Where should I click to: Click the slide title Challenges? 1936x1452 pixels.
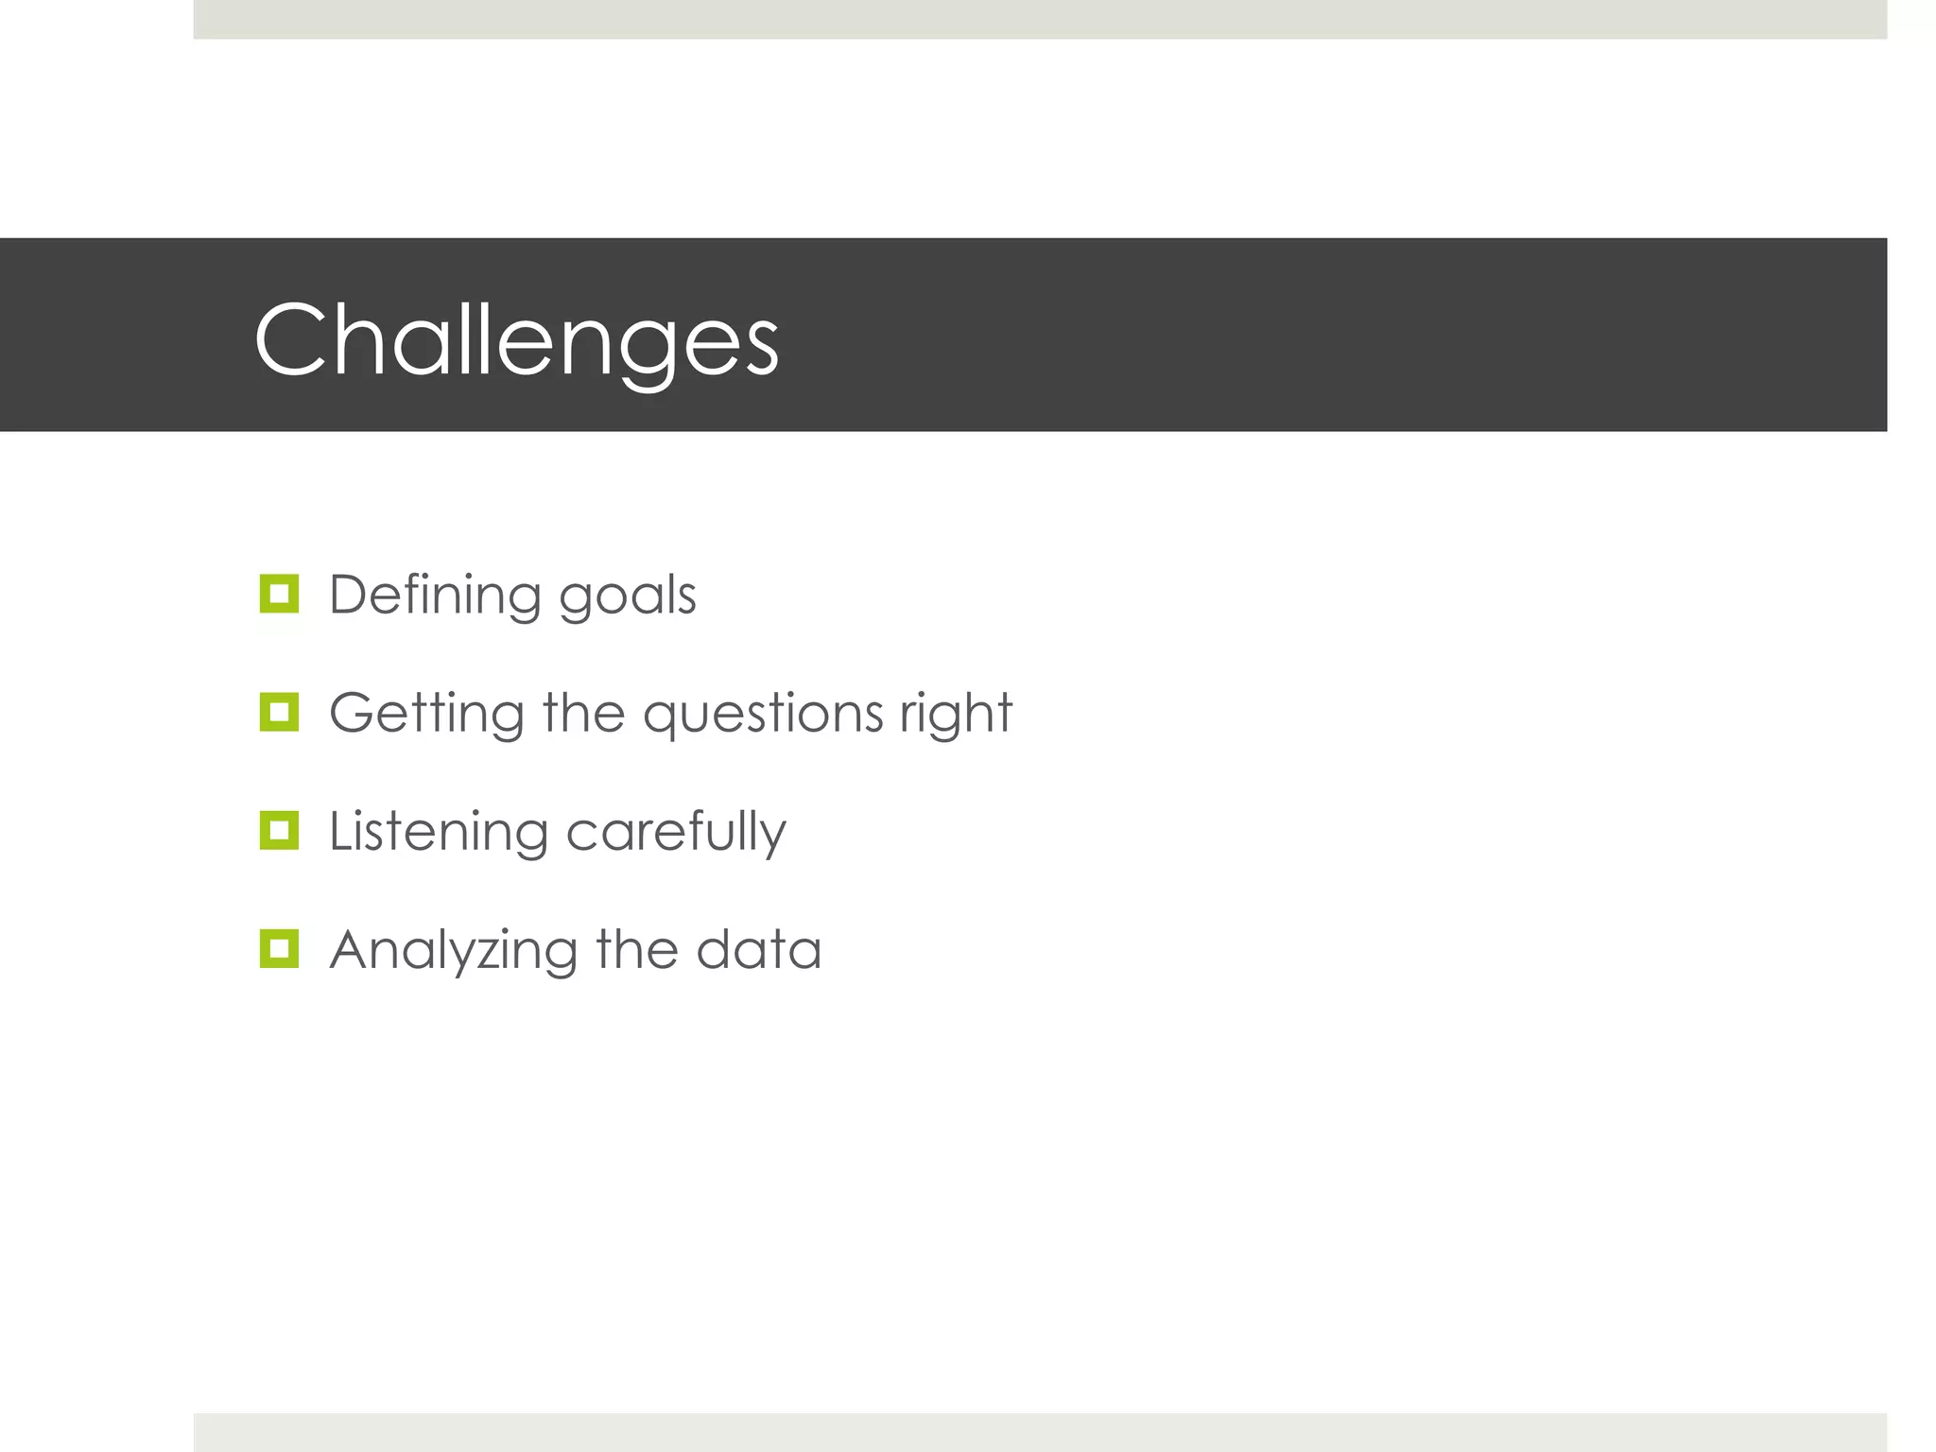[x=516, y=340]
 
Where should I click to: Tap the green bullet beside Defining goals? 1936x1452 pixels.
[x=279, y=594]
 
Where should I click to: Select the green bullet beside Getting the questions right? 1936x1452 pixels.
[x=279, y=712]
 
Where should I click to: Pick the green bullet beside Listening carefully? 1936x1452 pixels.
[x=279, y=831]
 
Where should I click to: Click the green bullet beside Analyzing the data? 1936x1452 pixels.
[x=279, y=949]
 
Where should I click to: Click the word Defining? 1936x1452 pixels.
[x=435, y=596]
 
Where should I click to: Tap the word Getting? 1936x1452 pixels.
[x=426, y=715]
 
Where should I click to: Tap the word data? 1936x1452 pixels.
[x=759, y=950]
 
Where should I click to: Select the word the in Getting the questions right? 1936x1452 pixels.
[x=583, y=713]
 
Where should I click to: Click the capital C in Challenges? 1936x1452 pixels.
[x=289, y=340]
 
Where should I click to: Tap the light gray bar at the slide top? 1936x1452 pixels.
[x=1040, y=19]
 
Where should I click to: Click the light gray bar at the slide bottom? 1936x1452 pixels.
[x=1040, y=1432]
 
